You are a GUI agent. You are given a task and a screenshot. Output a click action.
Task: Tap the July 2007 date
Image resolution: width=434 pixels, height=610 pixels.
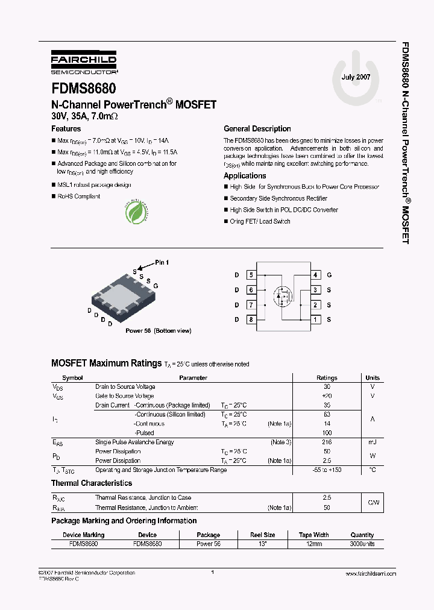pos(356,78)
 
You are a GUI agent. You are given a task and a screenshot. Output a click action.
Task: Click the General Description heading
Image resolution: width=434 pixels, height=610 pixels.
pos(257,129)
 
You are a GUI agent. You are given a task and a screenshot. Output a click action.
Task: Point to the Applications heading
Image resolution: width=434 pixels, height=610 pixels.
pos(245,176)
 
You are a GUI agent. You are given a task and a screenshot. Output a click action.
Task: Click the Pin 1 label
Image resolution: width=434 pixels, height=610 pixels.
pos(162,262)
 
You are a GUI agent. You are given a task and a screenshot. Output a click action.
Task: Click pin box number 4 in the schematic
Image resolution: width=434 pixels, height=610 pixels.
pos(315,275)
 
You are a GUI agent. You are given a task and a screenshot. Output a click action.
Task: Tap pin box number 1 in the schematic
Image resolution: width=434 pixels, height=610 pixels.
pos(315,319)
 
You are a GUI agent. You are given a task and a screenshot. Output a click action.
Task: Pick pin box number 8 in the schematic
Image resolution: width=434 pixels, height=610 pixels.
pos(251,319)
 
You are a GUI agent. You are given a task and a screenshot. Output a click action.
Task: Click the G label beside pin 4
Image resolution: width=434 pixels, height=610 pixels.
pos(329,275)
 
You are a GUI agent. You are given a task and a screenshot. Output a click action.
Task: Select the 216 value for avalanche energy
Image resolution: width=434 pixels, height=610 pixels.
pos(327,442)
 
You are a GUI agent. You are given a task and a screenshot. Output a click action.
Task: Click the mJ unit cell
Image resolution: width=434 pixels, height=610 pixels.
pos(372,442)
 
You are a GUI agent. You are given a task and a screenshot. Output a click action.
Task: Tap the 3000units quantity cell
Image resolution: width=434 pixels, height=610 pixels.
pos(362,543)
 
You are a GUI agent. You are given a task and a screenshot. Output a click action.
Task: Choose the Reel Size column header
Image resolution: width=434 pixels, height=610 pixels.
pos(262,535)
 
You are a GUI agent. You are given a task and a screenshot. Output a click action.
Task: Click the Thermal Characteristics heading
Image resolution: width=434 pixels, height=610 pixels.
pos(92,483)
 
